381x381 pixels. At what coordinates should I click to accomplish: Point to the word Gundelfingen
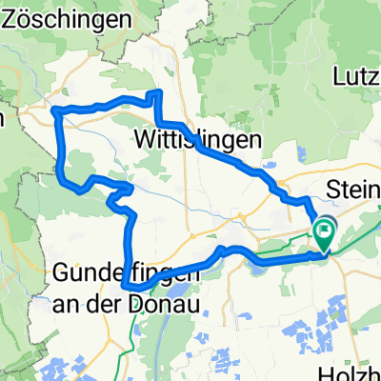click(x=127, y=272)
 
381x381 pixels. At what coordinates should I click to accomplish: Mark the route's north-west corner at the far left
click(x=55, y=111)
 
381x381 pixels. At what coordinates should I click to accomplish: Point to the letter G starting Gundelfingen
click(x=63, y=272)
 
